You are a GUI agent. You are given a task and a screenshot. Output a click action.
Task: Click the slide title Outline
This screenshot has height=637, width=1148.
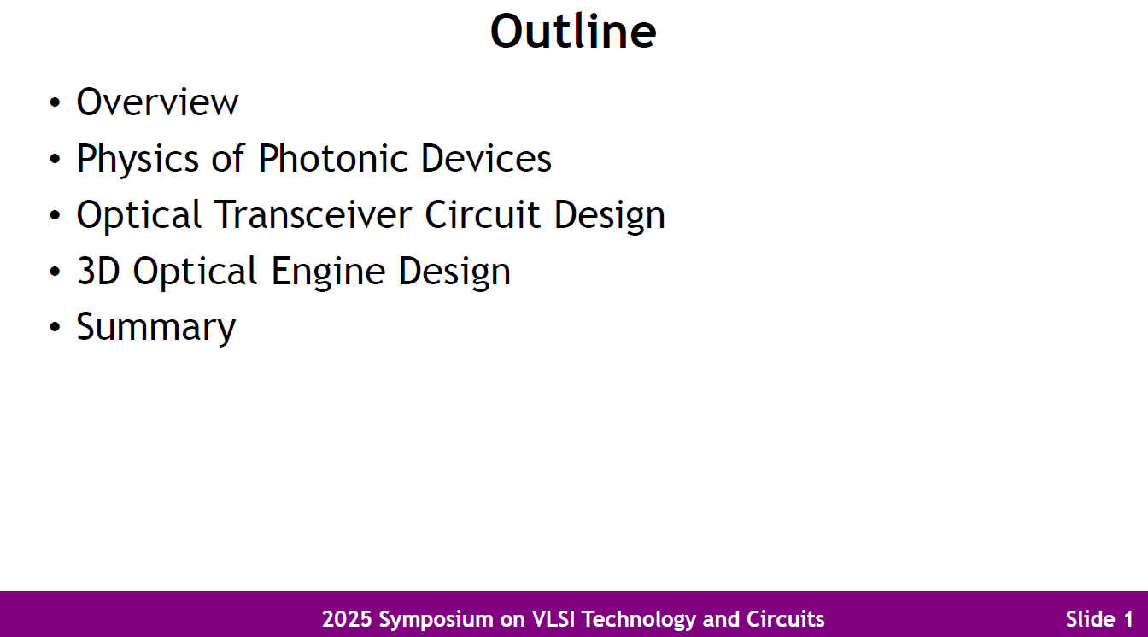coord(573,32)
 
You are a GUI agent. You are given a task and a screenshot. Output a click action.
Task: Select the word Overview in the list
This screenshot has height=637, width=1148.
coord(157,102)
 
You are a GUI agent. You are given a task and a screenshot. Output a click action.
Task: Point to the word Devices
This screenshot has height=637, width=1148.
coord(486,159)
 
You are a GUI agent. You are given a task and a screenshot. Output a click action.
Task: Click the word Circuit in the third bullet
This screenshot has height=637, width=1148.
coord(484,215)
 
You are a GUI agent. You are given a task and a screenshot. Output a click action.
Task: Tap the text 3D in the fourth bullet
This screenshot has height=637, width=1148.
coord(99,272)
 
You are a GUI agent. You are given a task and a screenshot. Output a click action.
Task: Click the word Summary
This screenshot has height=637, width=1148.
coord(156,328)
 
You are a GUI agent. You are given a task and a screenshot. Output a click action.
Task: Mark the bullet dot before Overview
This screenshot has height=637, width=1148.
coord(56,103)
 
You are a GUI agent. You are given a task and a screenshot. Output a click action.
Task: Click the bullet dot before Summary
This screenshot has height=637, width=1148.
coord(56,329)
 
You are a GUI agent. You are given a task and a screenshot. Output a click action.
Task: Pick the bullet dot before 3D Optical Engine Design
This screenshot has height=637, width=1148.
coord(56,272)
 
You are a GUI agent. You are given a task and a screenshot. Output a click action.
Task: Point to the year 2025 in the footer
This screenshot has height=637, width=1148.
coord(346,619)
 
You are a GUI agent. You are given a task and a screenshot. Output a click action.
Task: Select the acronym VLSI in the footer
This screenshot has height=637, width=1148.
coord(554,619)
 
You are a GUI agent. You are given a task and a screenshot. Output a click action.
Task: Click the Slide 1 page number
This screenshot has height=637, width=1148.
coord(1099,619)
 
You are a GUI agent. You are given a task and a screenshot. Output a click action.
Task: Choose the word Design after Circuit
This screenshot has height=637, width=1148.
coord(609,216)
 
